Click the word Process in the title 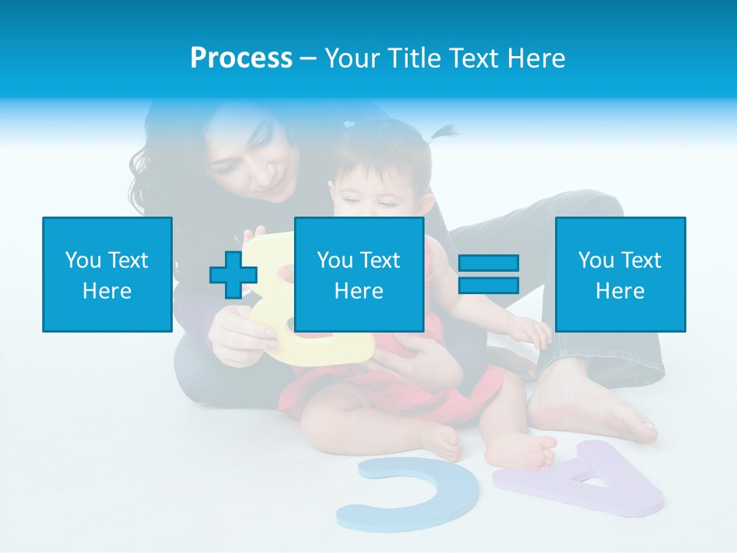[241, 58]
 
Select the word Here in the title [535, 58]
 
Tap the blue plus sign [233, 274]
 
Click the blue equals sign [488, 274]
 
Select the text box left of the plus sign [107, 274]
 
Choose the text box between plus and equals [359, 274]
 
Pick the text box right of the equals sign [620, 274]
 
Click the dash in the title [309, 58]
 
